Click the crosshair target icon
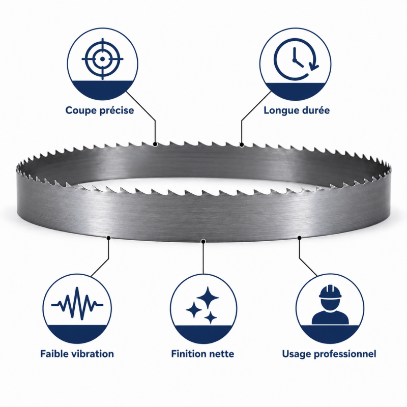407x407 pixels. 102,59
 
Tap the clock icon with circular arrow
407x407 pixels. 296,59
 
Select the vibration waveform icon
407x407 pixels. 77,303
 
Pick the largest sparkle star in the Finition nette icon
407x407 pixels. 208,298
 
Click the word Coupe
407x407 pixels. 81,110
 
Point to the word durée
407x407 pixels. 313,110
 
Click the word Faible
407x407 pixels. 54,354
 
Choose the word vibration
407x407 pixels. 93,354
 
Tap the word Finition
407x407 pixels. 186,354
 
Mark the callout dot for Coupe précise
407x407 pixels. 155,144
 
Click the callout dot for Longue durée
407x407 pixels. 242,144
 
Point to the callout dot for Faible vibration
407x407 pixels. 109,238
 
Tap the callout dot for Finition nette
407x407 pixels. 203,242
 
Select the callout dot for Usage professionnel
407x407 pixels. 299,238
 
